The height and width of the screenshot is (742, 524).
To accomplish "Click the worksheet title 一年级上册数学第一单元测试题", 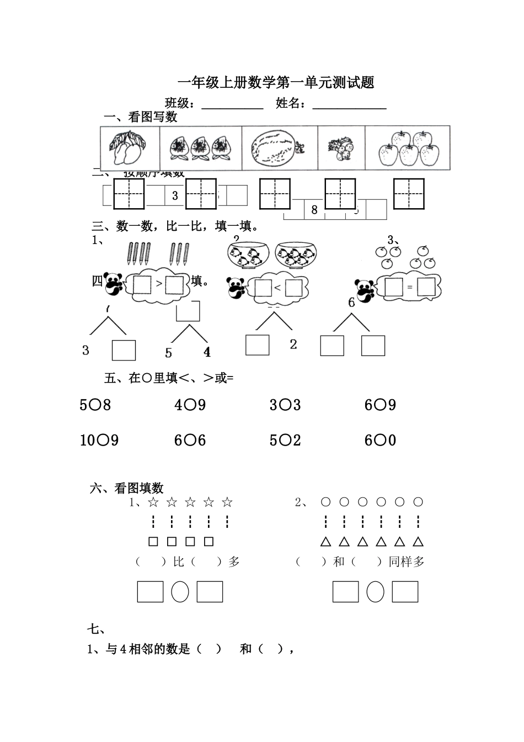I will coord(276,83).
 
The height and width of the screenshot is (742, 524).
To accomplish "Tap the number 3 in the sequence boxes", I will coord(175,195).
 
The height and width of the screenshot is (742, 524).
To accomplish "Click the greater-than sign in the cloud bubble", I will coord(159,285).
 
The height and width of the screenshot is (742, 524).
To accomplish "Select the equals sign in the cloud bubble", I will coord(410,287).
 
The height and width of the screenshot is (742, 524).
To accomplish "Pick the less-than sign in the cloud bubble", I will coord(277,287).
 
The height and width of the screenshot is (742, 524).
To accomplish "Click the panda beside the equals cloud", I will coord(365,290).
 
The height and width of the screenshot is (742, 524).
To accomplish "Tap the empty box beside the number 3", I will coord(124,350).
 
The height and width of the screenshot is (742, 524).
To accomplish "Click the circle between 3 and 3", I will coord(285,406).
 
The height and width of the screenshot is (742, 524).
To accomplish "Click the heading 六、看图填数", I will coord(127,488).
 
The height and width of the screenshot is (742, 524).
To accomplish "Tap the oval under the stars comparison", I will coord(180,592).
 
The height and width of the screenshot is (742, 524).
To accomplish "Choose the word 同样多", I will coord(407,562).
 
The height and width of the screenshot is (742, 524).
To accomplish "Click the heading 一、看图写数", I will coord(141,117).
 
